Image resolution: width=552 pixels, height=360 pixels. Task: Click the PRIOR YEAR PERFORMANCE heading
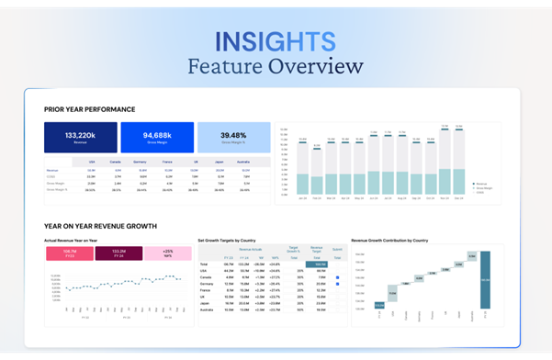tap(89, 109)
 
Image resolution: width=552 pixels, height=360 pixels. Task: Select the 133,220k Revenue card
tap(81, 137)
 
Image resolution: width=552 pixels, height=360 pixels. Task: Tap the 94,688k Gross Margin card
tap(157, 137)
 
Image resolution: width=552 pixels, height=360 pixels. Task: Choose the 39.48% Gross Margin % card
tap(233, 137)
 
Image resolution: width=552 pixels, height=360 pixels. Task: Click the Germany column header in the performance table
tap(141, 162)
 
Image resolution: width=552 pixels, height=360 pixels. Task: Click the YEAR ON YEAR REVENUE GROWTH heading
tap(100, 225)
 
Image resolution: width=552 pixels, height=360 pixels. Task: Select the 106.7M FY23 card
tap(70, 253)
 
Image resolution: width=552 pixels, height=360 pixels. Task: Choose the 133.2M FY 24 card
tap(118, 253)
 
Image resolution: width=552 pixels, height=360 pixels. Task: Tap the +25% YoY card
tap(167, 253)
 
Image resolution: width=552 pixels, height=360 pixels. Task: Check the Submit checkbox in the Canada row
tap(337, 276)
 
